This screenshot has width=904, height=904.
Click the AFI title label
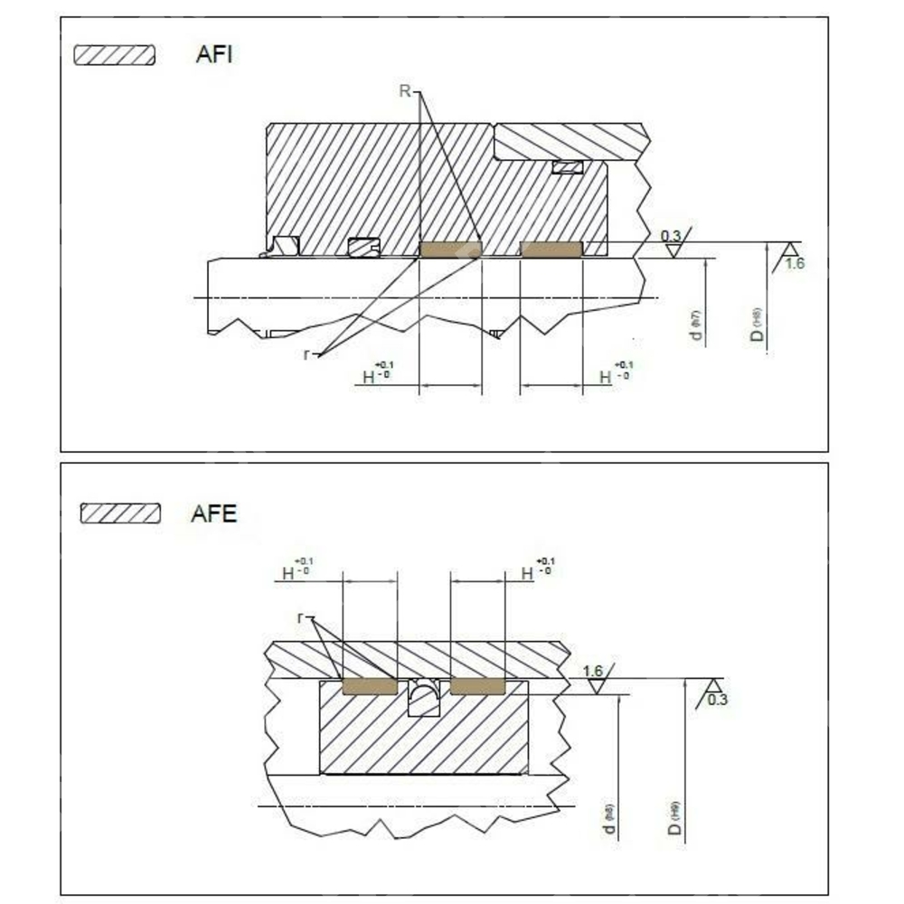[215, 54]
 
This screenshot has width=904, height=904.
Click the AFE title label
[214, 514]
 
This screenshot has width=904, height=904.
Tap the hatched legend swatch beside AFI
[115, 55]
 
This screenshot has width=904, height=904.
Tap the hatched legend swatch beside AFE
[120, 514]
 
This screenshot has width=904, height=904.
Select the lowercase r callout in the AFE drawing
[301, 617]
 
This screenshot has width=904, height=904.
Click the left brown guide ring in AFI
[451, 249]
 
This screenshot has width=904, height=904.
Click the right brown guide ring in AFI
[551, 249]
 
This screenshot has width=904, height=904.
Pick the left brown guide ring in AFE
[370, 687]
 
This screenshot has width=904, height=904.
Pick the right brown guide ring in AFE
[477, 687]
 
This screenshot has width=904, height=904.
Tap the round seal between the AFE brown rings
[423, 697]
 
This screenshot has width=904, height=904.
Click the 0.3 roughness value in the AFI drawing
[671, 237]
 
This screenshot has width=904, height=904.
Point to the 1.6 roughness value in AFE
[593, 671]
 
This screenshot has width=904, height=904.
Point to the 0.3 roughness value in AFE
[717, 700]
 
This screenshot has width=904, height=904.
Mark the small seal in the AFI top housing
[569, 167]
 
